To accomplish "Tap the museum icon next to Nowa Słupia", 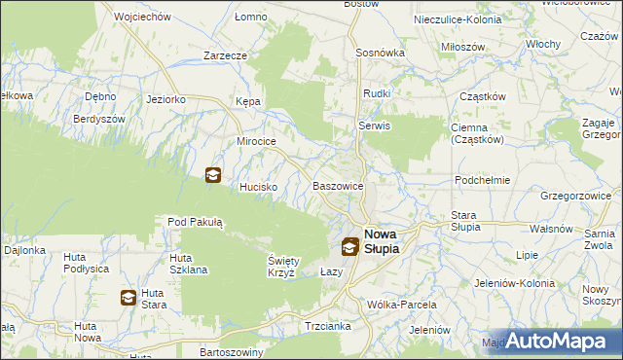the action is coord(349,247).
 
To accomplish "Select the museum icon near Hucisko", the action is coord(212,175).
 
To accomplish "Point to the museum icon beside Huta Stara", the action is coord(128,298).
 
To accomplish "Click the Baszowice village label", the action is coord(338,186).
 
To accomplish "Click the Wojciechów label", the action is coord(142,18).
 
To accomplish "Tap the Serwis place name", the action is coord(374,126).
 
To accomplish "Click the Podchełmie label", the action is coord(483,181).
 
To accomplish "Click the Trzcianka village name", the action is coord(327,326).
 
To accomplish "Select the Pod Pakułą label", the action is coord(196,223).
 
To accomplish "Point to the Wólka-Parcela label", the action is coord(402,305).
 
